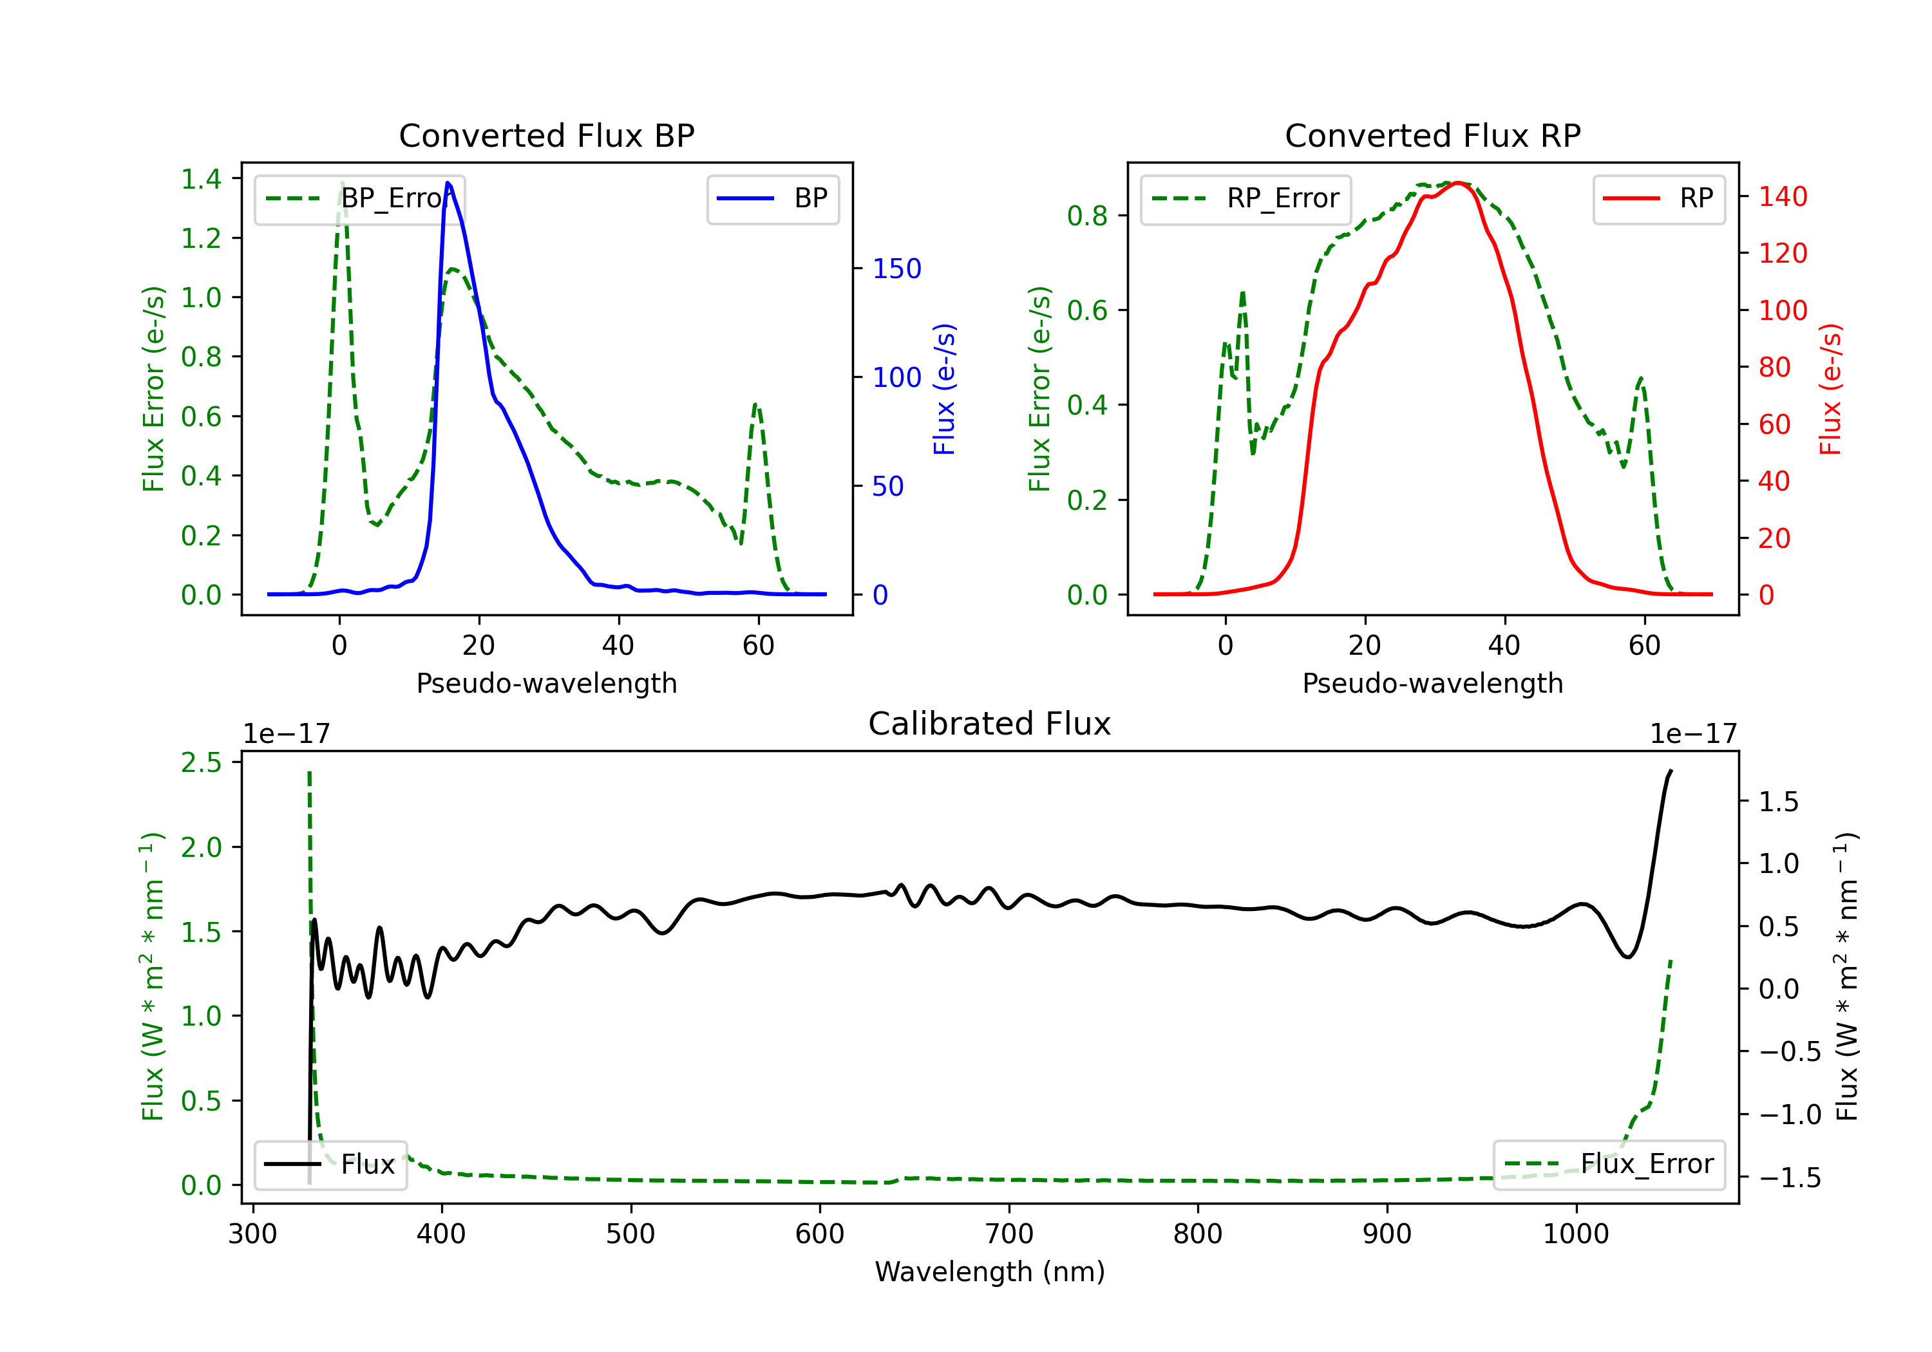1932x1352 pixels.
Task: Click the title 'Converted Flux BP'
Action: click(546, 135)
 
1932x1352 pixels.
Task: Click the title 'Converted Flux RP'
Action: click(1432, 135)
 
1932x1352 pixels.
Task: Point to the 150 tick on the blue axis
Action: click(896, 268)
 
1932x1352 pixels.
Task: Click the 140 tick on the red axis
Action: click(1782, 197)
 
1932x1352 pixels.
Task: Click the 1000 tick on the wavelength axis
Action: click(1575, 1234)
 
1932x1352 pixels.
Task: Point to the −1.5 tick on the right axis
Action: click(1790, 1177)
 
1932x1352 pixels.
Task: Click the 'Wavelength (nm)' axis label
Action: click(990, 1272)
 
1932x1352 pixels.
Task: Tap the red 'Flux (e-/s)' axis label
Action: click(1830, 389)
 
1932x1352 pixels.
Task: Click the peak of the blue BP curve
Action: click(448, 183)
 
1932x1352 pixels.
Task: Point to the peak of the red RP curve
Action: click(1457, 183)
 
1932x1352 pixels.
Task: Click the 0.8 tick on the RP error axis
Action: click(1086, 216)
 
